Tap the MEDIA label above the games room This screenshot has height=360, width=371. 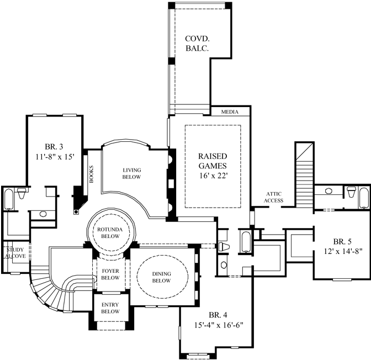(x=230, y=112)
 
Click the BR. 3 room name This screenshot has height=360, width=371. (x=54, y=146)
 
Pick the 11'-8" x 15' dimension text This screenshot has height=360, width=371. (x=54, y=157)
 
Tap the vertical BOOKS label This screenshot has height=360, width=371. (x=91, y=174)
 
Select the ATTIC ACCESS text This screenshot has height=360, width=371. (x=274, y=197)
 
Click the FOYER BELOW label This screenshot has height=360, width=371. (x=110, y=274)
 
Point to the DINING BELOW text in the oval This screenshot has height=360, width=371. (x=161, y=277)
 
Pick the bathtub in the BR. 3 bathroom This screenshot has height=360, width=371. (x=9, y=202)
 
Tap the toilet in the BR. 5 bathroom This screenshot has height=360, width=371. (x=351, y=192)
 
